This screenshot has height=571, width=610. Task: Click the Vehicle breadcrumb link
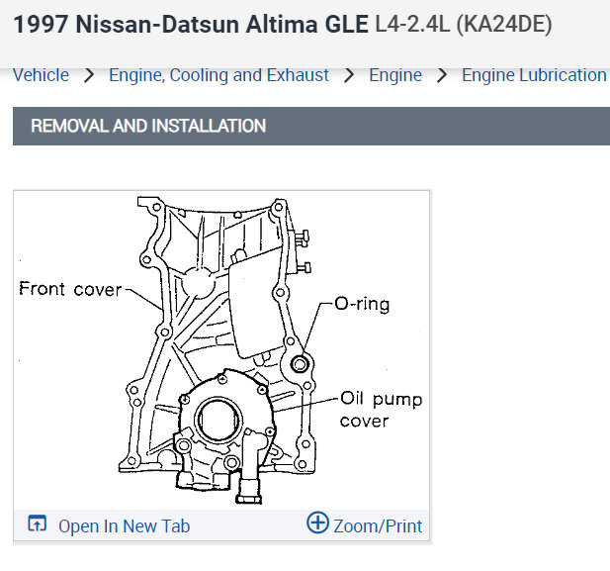click(41, 75)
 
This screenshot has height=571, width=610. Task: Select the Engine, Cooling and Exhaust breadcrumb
click(218, 75)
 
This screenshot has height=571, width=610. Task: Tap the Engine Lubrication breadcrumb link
click(534, 75)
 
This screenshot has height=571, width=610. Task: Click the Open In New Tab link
click(125, 525)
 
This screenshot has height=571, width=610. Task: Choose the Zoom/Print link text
click(378, 525)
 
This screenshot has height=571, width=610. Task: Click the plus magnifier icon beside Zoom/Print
click(317, 523)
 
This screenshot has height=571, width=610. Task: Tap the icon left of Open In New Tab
click(37, 523)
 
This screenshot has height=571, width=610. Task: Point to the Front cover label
click(70, 289)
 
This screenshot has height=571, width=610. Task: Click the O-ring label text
click(362, 304)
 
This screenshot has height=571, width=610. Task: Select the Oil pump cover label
click(381, 410)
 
